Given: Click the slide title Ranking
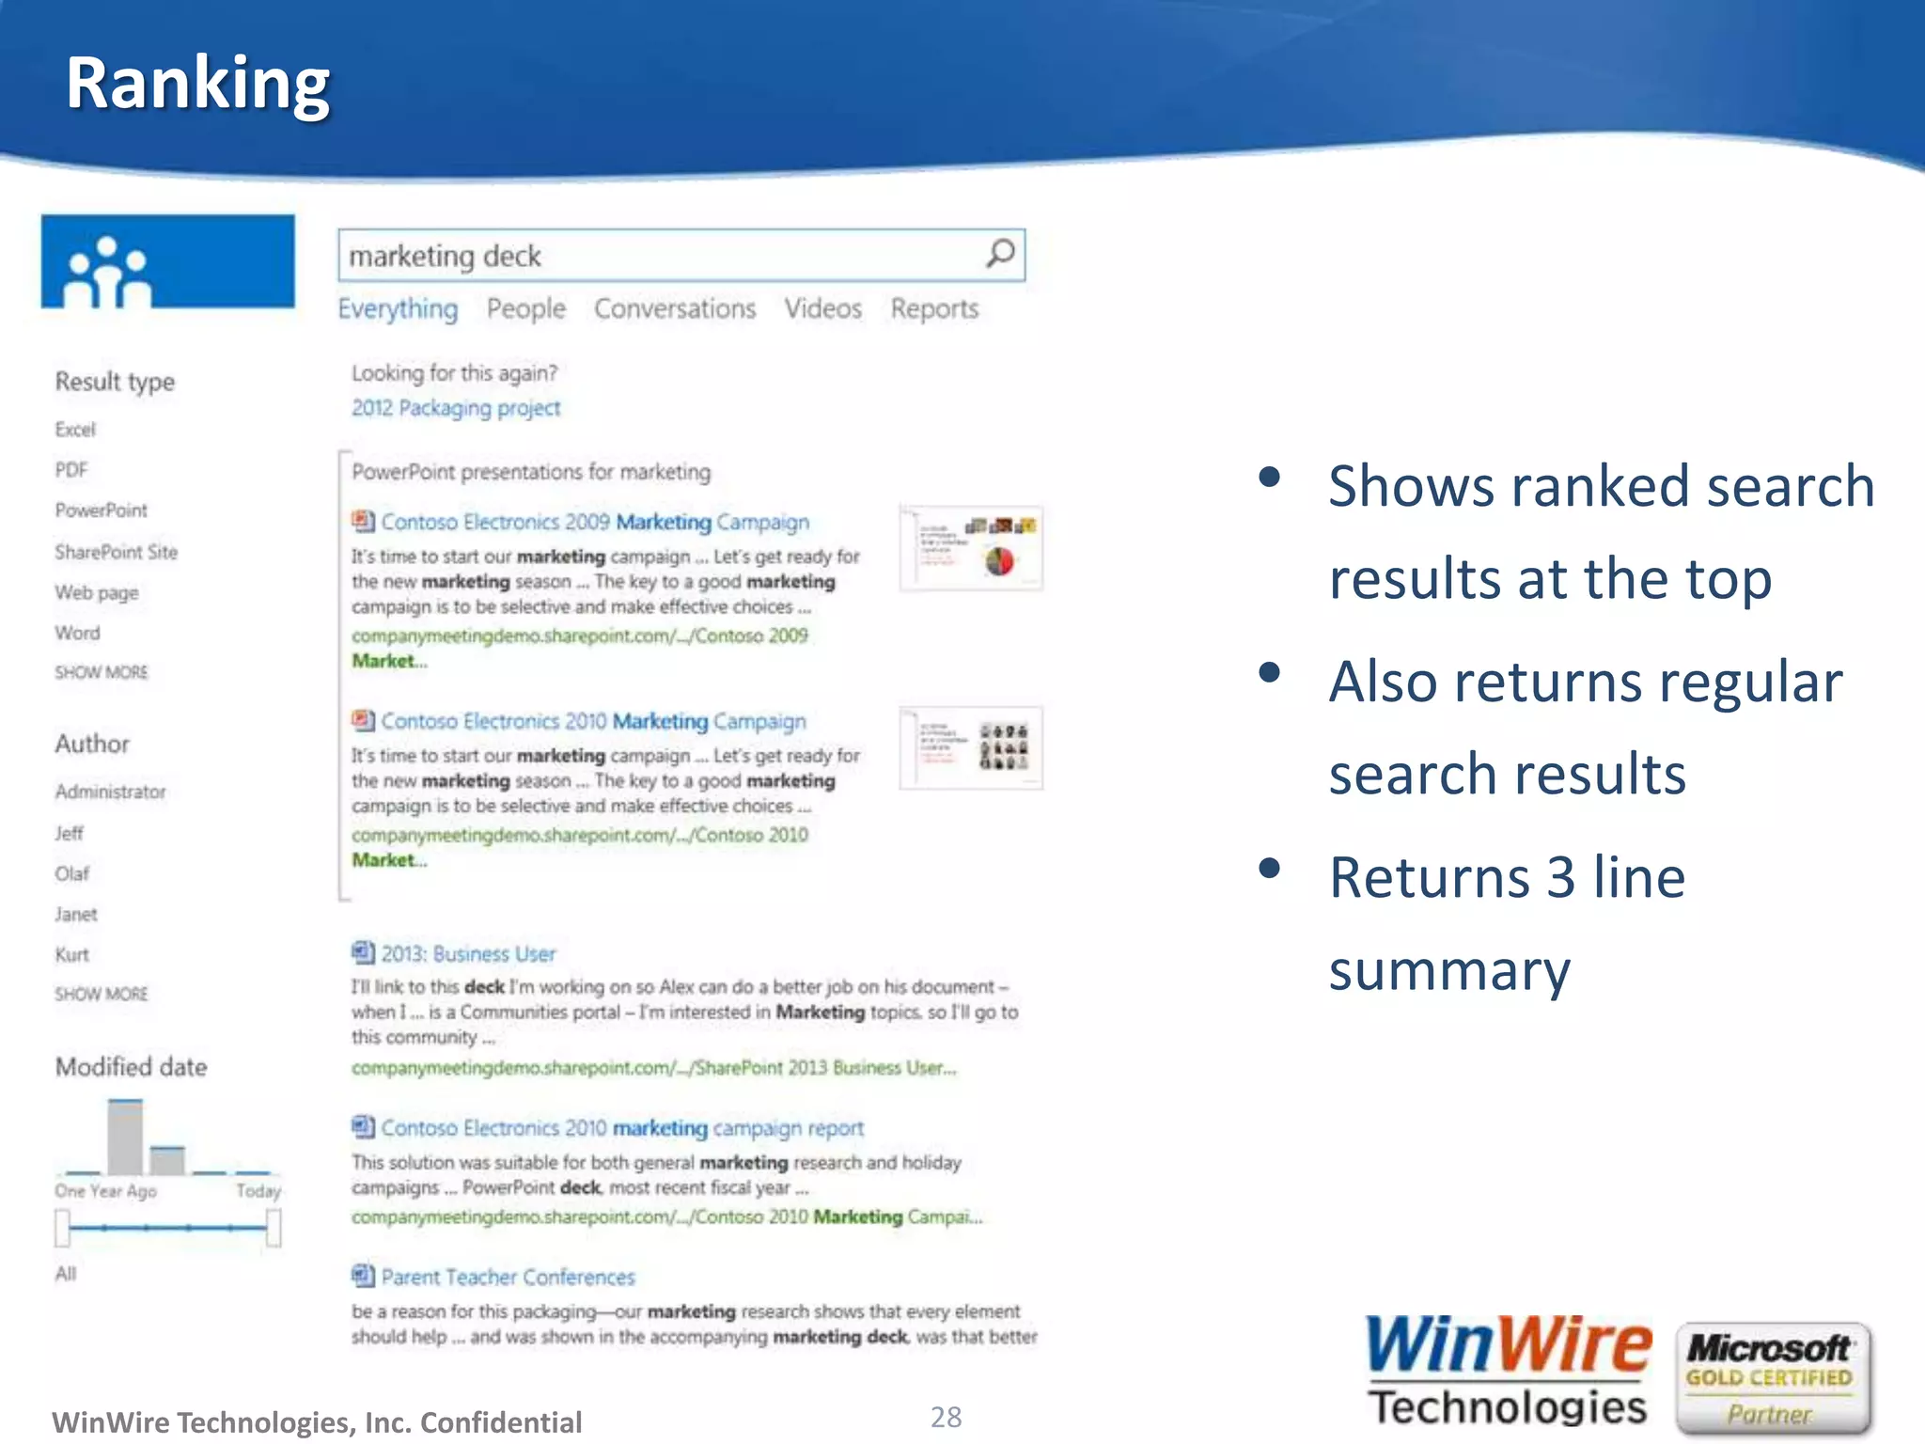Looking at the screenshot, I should coord(197,85).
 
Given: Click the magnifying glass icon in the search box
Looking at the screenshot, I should coord(1000,254).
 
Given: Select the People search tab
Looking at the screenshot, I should coord(525,309).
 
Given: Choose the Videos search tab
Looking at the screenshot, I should coord(822,309).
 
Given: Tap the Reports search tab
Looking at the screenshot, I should coord(934,309).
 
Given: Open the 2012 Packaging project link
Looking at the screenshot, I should coord(456,408).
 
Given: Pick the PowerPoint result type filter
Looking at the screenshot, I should coord(101,510).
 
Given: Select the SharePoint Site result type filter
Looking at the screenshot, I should coord(116,552).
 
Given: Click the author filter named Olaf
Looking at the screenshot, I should coord(71,873).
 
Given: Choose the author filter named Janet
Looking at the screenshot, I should coord(75,914).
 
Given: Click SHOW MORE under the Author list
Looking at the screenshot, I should coord(101,994).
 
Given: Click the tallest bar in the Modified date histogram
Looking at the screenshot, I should coord(125,1138).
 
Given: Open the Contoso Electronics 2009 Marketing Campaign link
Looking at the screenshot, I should coord(594,523).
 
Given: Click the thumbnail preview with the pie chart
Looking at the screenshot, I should coord(971,548).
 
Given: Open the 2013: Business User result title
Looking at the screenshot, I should coord(467,954).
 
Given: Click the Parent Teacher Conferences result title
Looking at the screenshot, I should coord(508,1278).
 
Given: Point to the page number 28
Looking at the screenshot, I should coord(946,1417).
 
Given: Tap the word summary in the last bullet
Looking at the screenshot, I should coord(1448,970).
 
